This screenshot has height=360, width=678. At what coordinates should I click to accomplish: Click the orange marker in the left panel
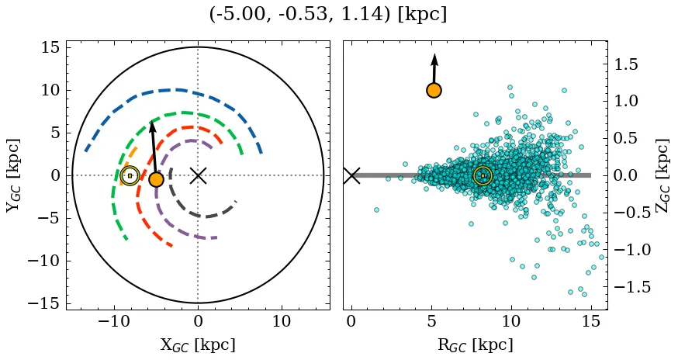click(156, 179)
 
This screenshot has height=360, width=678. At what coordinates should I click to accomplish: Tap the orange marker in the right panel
click(434, 90)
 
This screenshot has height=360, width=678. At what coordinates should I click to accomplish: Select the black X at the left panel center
click(198, 175)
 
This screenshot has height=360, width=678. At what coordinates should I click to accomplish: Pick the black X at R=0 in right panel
click(351, 175)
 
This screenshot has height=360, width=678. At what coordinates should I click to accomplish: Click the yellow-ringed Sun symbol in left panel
click(130, 175)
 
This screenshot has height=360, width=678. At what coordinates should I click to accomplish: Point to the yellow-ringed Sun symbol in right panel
click(483, 175)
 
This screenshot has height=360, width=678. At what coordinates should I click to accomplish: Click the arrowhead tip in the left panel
click(152, 121)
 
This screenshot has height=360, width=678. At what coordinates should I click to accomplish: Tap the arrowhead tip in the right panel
click(434, 54)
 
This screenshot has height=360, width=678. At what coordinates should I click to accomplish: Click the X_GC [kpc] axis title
click(198, 344)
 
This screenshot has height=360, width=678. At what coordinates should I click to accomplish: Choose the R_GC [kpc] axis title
click(476, 344)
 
